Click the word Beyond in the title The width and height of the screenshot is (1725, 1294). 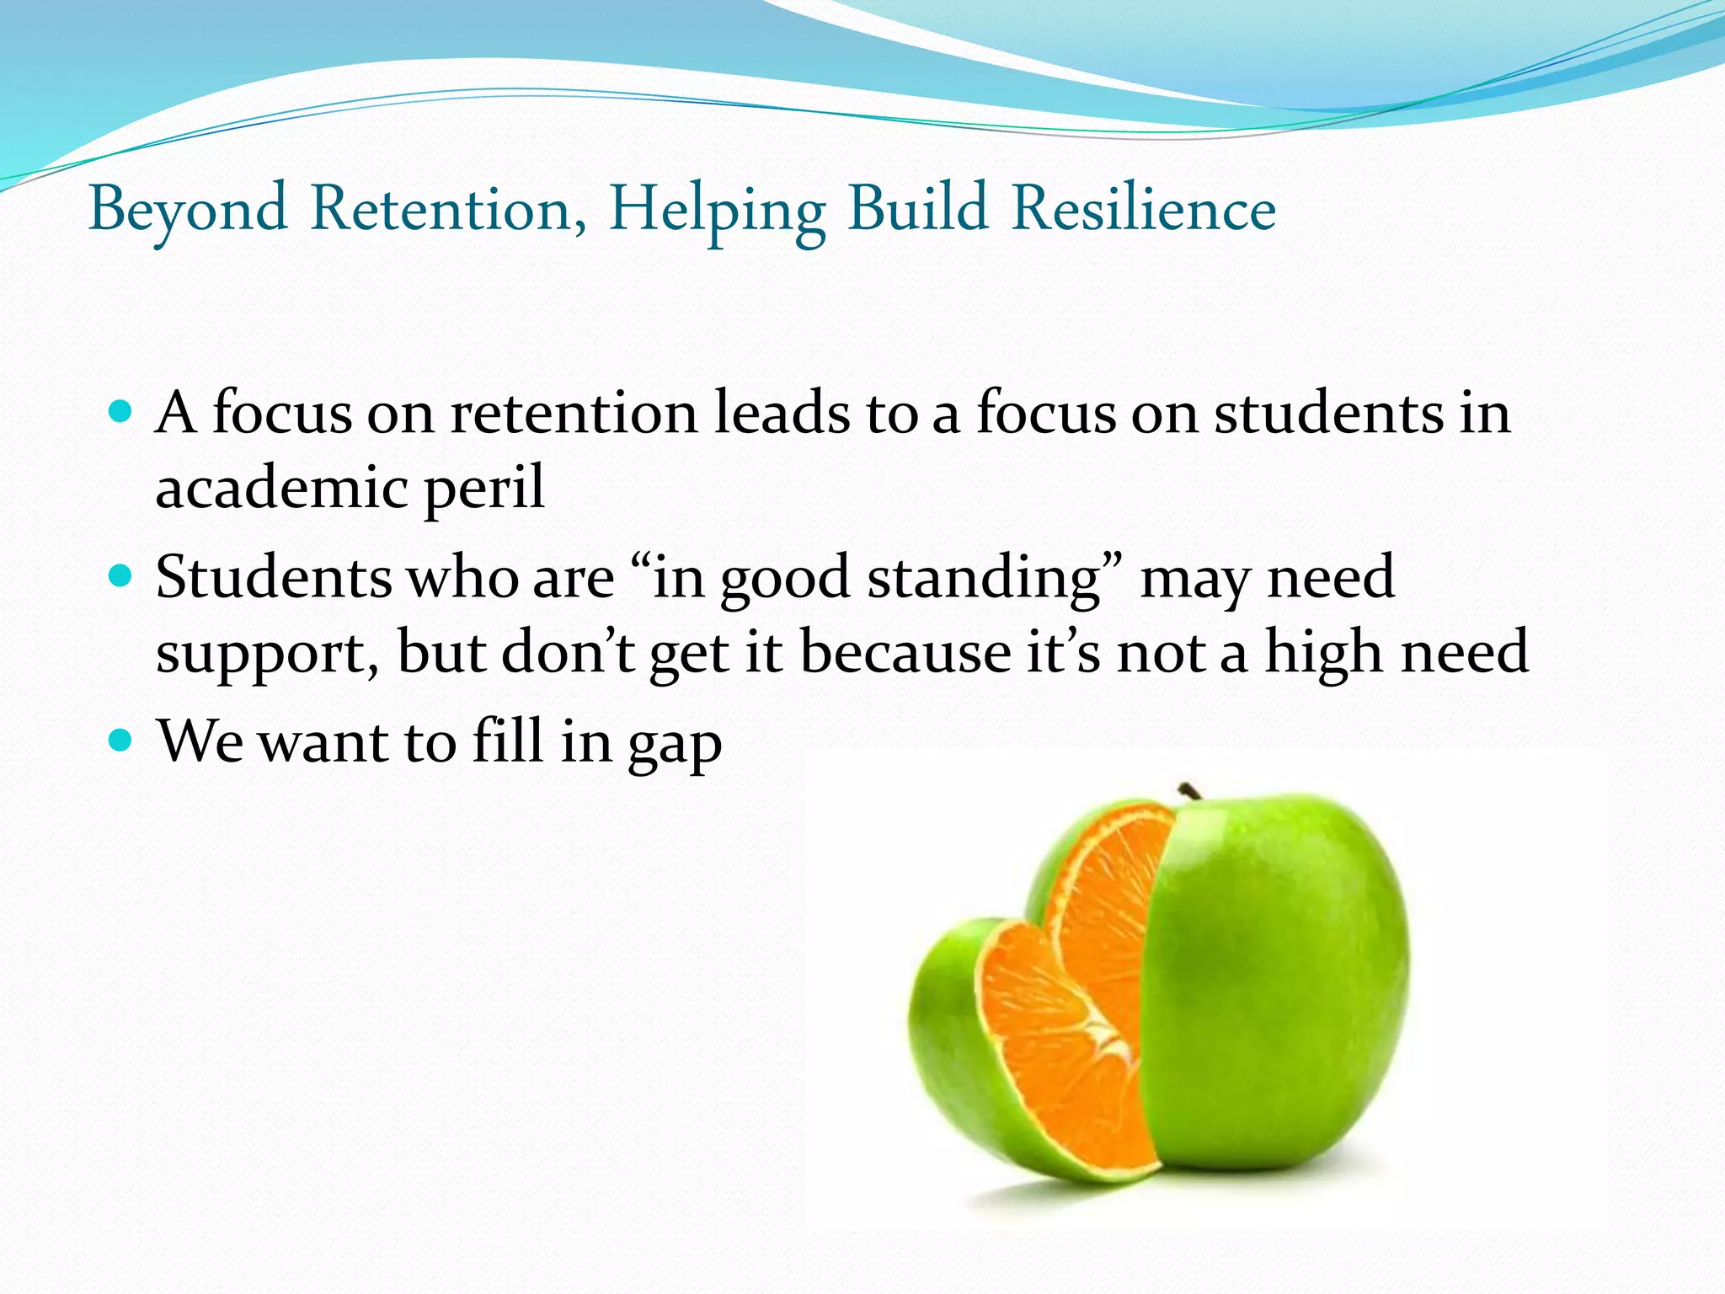pos(188,209)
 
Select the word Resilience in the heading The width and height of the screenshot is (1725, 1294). pos(1144,209)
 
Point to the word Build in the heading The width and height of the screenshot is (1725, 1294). pos(917,208)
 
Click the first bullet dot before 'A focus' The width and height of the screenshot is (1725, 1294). pos(121,413)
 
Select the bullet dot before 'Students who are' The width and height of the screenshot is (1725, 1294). pos(121,577)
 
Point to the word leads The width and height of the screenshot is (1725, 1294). pos(782,413)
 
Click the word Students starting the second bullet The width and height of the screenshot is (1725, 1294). pos(274,578)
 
